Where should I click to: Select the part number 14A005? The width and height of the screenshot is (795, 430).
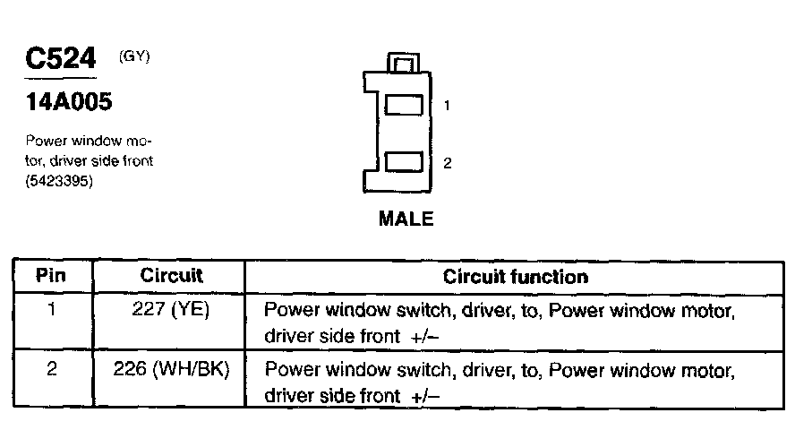(x=69, y=103)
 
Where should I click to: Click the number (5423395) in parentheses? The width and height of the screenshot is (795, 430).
(x=60, y=179)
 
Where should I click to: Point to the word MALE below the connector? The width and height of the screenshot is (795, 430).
(x=406, y=219)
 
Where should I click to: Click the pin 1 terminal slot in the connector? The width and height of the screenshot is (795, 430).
(x=403, y=106)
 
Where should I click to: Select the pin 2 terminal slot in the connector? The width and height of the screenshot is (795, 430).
(x=403, y=162)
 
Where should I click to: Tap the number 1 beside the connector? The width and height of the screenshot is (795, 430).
(x=447, y=106)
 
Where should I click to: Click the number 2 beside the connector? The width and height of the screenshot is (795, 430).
(x=448, y=163)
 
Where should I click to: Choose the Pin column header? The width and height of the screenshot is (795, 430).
(x=51, y=276)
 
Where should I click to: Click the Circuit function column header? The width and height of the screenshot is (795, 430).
(x=516, y=276)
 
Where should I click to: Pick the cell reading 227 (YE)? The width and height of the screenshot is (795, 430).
(x=171, y=310)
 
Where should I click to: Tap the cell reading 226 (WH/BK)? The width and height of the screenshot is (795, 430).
(x=171, y=369)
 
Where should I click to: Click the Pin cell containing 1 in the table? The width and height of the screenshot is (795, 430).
(x=51, y=310)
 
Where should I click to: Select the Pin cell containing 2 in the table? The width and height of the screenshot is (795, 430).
(x=51, y=369)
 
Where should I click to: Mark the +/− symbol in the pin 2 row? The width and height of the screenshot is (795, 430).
(x=426, y=395)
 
